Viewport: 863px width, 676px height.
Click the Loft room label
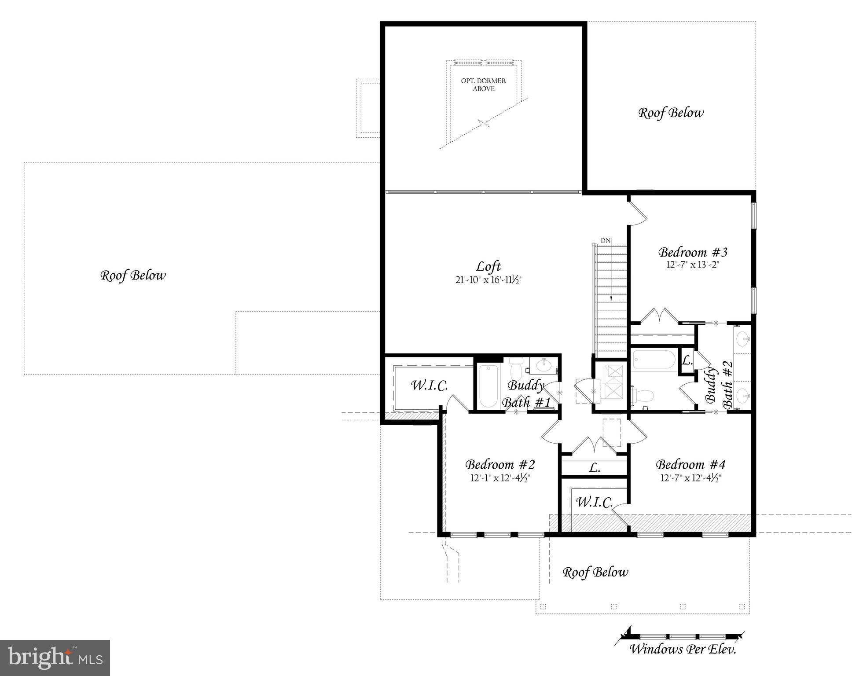488,266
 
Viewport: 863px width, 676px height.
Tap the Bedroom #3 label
692,252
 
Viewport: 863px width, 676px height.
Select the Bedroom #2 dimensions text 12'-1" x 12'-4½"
500,478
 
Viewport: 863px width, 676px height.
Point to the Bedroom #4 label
690,464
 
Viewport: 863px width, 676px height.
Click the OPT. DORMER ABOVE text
483,84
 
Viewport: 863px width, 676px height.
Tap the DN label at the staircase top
606,241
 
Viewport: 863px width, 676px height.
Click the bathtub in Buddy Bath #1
488,386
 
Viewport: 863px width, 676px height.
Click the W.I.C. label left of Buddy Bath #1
429,386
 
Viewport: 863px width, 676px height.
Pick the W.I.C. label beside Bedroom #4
594,502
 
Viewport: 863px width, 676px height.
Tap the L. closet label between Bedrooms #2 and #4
594,468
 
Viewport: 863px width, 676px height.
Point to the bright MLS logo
55,658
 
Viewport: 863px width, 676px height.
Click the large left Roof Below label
133,276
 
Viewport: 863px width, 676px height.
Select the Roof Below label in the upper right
671,113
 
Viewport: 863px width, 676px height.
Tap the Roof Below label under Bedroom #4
595,572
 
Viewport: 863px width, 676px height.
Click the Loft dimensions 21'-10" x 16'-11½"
488,280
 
